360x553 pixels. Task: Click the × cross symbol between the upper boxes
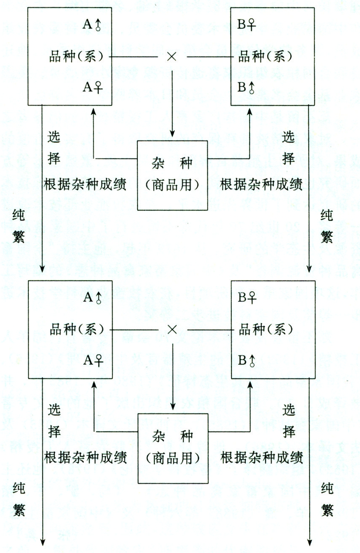pos(171,57)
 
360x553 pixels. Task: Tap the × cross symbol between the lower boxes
pos(171,329)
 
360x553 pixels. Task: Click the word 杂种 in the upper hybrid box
pos(173,162)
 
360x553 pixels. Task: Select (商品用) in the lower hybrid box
pos(173,457)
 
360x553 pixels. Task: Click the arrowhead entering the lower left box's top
pos(43,269)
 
